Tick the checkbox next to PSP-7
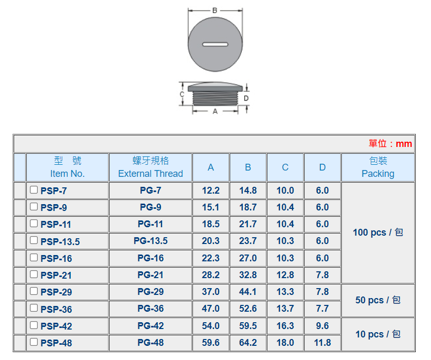[x=34, y=190]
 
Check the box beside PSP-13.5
[x=34, y=240]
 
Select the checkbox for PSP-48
[x=34, y=342]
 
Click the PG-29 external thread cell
[x=150, y=292]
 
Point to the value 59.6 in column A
[x=211, y=343]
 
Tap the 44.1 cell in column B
[x=248, y=292]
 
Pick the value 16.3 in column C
[x=285, y=326]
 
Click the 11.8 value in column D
[x=322, y=343]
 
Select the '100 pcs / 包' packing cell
[x=378, y=232]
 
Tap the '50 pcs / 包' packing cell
[x=378, y=300]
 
